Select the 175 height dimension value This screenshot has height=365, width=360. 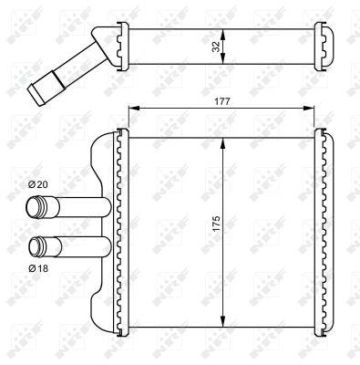(x=215, y=225)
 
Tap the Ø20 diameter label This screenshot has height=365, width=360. (x=38, y=185)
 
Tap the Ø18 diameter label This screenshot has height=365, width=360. (x=38, y=268)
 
